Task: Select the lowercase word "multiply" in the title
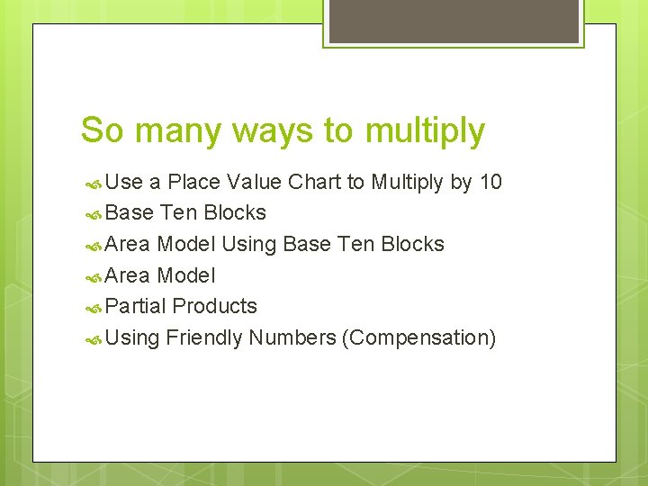point(425,131)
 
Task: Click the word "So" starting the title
point(100,131)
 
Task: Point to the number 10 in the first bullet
point(490,183)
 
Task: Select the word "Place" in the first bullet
point(193,183)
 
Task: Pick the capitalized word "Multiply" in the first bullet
point(408,183)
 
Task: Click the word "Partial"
point(136,307)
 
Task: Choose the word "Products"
point(215,307)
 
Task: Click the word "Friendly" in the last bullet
point(204,338)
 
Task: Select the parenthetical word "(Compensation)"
point(418,338)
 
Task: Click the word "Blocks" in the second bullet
point(235,213)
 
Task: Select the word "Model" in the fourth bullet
point(186,276)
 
